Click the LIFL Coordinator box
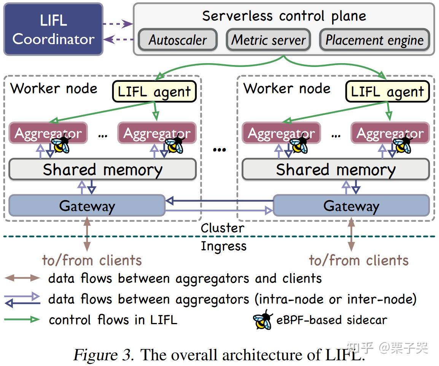pyautogui.click(x=53, y=29)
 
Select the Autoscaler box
pyautogui.click(x=178, y=40)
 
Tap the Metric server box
pyautogui.click(x=269, y=40)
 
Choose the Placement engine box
pyautogui.click(x=375, y=40)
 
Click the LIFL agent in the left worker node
pyautogui.click(x=154, y=92)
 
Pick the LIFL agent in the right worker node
pyautogui.click(x=387, y=92)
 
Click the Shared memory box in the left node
pyautogui.click(x=102, y=169)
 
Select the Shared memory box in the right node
pyautogui.click(x=336, y=169)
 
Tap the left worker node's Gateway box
pyautogui.click(x=87, y=205)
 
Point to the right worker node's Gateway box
pyautogui.click(x=351, y=205)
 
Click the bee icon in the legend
pyautogui.click(x=263, y=320)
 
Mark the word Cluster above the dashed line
pyautogui.click(x=223, y=228)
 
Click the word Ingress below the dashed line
pyautogui.click(x=224, y=246)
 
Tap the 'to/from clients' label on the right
pyautogui.click(x=359, y=261)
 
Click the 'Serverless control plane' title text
pyautogui.click(x=284, y=16)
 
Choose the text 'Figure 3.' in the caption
pyautogui.click(x=103, y=355)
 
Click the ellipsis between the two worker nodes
pyautogui.click(x=219, y=150)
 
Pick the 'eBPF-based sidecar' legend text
pyautogui.click(x=332, y=320)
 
